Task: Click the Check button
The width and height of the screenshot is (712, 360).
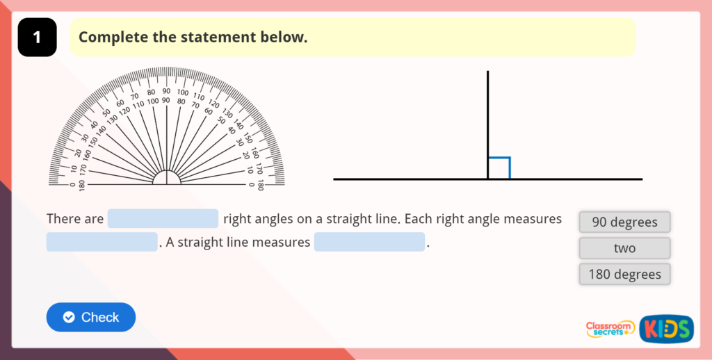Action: click(x=91, y=317)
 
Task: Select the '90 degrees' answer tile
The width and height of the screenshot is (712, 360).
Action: click(x=624, y=222)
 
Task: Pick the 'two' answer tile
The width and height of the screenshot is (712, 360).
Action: click(x=624, y=248)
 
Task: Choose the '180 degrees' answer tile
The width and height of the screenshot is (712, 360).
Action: click(x=624, y=274)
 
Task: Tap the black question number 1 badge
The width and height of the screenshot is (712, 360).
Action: click(x=37, y=38)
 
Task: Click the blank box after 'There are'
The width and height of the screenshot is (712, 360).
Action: click(x=163, y=219)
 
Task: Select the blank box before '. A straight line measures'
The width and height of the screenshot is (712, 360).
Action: click(x=102, y=242)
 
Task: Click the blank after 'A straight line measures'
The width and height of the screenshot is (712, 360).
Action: click(x=369, y=242)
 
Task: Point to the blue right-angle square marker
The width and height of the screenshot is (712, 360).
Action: click(x=499, y=167)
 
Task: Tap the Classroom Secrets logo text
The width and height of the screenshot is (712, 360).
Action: click(x=610, y=329)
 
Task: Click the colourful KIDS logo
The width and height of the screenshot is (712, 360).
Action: click(x=666, y=329)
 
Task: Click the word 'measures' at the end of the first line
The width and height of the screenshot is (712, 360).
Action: click(x=531, y=219)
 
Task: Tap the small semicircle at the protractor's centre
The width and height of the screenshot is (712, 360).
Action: click(x=167, y=178)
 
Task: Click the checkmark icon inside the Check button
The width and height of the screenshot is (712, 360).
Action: click(x=69, y=317)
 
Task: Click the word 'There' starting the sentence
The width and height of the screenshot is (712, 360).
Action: click(x=63, y=219)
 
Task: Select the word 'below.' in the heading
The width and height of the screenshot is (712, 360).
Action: click(x=284, y=38)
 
